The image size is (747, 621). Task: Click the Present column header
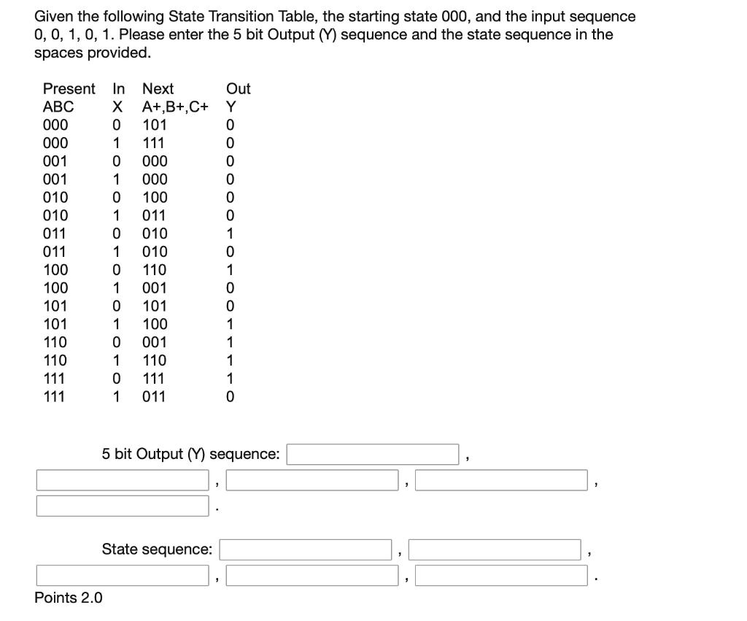(69, 89)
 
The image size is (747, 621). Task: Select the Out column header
(238, 89)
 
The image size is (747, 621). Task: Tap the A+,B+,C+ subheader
(175, 107)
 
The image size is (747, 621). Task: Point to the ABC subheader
(58, 107)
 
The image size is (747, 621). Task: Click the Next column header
(158, 89)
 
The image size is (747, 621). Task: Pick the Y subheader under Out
(231, 107)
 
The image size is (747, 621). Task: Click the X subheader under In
(115, 107)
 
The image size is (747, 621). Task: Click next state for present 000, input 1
(155, 143)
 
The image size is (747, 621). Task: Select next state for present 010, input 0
(155, 198)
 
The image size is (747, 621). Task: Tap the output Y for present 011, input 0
(231, 234)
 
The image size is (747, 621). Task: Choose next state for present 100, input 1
(155, 288)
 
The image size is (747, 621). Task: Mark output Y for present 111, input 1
(231, 397)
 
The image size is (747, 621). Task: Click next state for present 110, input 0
(155, 342)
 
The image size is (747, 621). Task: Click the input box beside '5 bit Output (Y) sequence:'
(373, 454)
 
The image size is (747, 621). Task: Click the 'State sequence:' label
(157, 549)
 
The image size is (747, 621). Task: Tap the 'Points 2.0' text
(69, 598)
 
